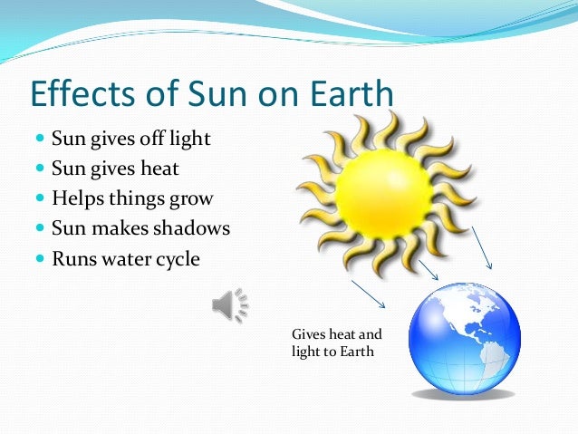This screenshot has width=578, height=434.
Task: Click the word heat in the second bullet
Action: (x=159, y=169)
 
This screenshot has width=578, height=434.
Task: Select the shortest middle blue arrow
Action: (x=429, y=268)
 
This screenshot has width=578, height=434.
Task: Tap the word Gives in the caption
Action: (x=307, y=334)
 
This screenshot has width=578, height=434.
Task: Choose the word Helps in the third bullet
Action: (x=74, y=199)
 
